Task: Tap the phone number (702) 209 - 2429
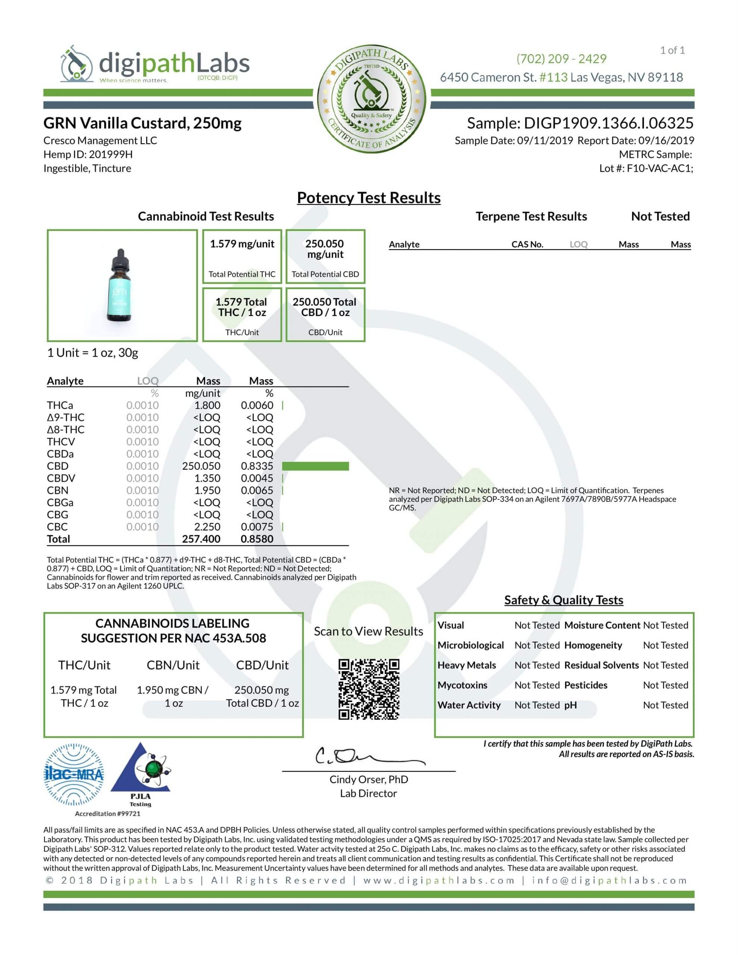(561, 59)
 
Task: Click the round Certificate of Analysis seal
(371, 101)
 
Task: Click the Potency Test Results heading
(369, 198)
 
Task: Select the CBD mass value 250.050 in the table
(201, 466)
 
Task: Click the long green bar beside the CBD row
(315, 466)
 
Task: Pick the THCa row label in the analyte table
(60, 406)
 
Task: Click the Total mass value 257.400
(201, 539)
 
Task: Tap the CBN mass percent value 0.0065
(257, 490)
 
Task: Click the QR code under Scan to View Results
(369, 689)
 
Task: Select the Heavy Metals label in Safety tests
(466, 665)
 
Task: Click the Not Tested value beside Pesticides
(665, 685)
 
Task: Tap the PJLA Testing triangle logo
(140, 774)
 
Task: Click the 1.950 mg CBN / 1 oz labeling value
(173, 696)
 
